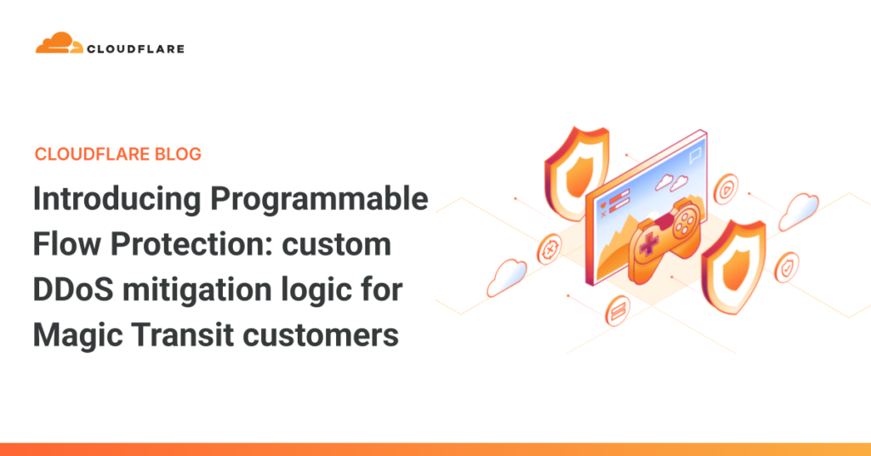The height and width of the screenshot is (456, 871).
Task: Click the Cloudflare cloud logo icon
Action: point(59,43)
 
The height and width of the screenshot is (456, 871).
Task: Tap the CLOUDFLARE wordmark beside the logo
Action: point(135,48)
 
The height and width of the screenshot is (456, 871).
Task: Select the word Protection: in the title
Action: point(191,245)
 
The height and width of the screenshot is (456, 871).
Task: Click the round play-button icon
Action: point(725,190)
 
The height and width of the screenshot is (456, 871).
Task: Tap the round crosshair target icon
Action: point(549,250)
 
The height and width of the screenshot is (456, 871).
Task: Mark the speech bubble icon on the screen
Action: point(696,154)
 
